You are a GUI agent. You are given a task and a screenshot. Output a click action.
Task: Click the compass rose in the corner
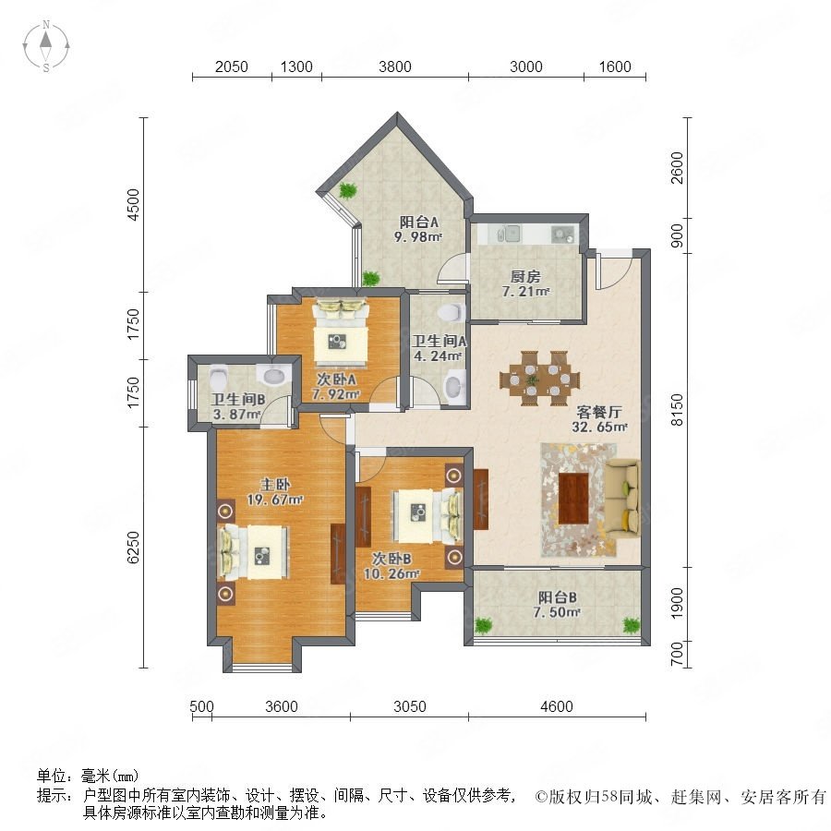pos(46,45)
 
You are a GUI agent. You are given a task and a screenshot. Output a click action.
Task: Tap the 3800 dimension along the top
pos(395,66)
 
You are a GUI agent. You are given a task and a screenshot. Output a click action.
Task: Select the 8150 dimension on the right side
pos(677,409)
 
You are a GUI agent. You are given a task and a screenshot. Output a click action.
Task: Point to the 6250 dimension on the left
pos(133,547)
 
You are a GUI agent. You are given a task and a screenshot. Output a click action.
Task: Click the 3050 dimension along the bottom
pos(410,706)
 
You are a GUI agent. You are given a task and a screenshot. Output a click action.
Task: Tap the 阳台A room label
pos(418,222)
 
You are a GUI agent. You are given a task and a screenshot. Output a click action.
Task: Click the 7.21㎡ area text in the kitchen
pos(525,291)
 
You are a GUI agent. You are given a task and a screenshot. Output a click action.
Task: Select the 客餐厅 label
pos(599,412)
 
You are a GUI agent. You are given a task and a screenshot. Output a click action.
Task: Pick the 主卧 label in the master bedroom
pos(275,484)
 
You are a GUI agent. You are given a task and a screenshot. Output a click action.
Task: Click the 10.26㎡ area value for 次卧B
pos(391,573)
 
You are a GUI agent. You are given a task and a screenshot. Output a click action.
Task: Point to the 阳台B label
pos(557,597)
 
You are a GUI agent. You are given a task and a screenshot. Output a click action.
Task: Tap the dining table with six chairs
pos(539,379)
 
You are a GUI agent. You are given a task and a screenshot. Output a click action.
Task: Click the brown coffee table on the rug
pos(573,499)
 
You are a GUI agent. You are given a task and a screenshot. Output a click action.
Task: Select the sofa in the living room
pos(622,499)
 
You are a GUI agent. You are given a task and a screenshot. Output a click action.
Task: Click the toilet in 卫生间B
pos(218,378)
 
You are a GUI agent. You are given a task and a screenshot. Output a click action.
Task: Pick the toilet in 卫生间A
pos(452,312)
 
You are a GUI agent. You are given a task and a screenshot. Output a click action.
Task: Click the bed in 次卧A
pos(340,332)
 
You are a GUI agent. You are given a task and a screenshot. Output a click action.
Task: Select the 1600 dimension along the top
pos(615,66)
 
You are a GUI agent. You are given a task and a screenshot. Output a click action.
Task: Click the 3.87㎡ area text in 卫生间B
pos(236,414)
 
